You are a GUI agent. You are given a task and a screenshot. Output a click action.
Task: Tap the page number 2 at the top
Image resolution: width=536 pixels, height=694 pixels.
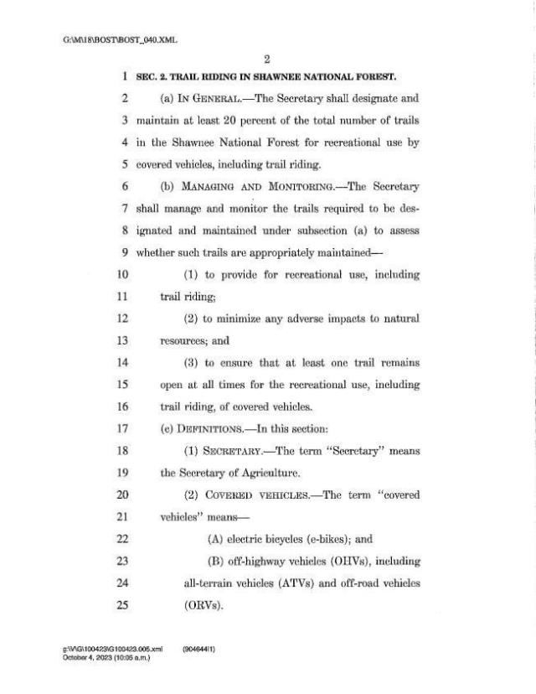(x=267, y=60)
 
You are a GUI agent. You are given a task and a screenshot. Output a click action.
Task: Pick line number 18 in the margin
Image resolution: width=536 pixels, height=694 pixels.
(x=121, y=451)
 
